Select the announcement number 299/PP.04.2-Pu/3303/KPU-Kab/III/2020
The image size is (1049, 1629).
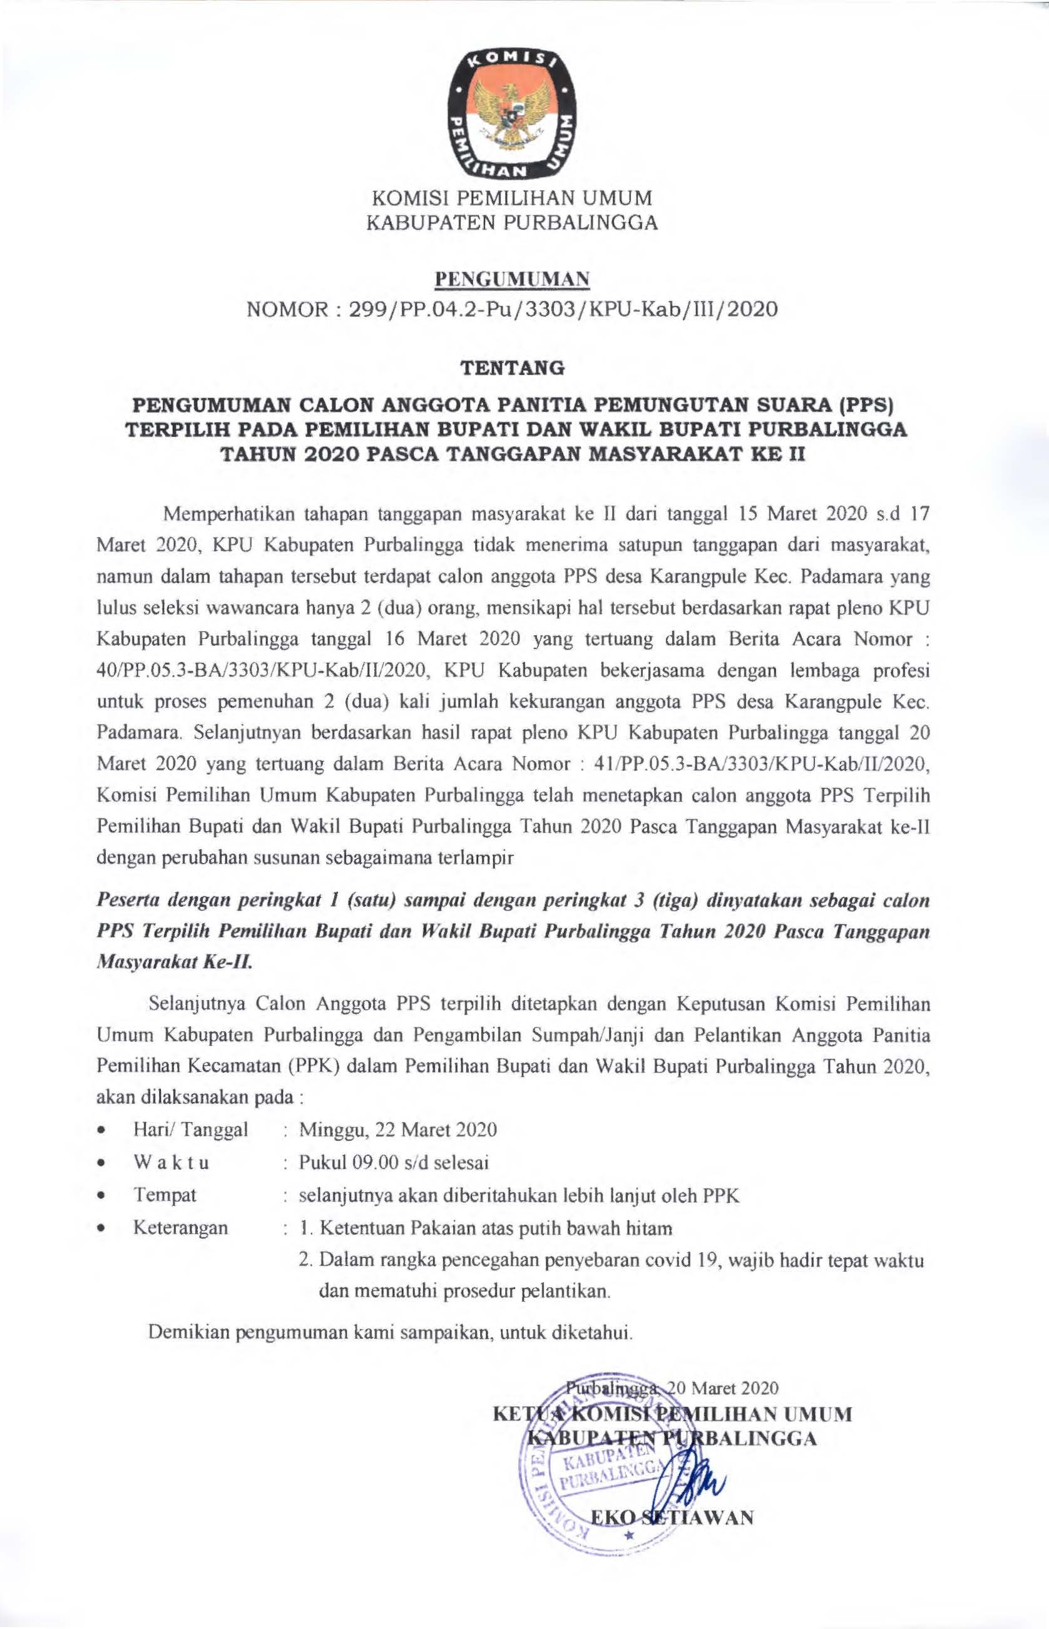tap(563, 310)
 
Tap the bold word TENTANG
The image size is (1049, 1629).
tap(512, 369)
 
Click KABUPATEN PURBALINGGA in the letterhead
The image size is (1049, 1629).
tap(512, 223)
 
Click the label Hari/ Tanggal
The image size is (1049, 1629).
tap(191, 1130)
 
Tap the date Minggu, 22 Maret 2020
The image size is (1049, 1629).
tap(398, 1130)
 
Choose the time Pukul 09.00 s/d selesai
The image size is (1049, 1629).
tap(394, 1162)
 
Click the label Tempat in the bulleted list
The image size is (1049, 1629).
tap(165, 1195)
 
